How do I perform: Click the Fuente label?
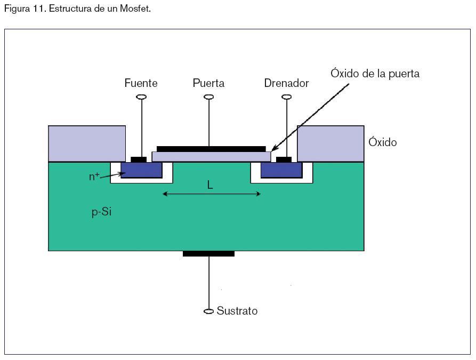[141, 83]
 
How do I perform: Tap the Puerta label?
[208, 83]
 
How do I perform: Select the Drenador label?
[286, 83]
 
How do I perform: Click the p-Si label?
[101, 212]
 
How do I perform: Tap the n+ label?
[94, 177]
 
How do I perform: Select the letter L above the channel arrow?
[210, 185]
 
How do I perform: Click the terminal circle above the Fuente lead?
[141, 97]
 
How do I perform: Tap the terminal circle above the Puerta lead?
[209, 97]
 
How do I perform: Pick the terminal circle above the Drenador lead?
[287, 97]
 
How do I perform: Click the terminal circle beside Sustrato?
[209, 311]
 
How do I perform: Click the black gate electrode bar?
[211, 149]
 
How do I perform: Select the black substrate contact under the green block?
[208, 253]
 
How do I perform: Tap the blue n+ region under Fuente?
[141, 170]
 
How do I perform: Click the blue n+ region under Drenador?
[281, 170]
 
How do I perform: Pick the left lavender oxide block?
[87, 143]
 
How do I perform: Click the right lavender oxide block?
[330, 143]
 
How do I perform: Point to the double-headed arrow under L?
[212, 194]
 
